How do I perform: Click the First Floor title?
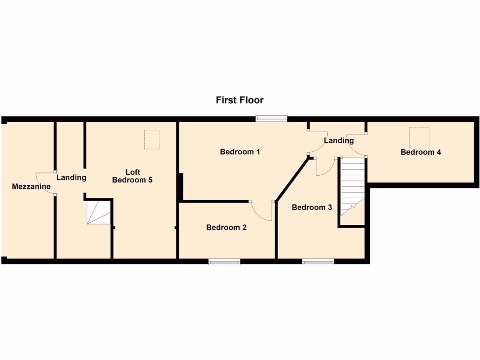pos(240,100)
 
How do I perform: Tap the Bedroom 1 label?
pos(240,152)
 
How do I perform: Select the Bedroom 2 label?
pos(226,228)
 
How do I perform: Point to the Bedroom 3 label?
pos(312,207)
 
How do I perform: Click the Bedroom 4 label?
pos(420,152)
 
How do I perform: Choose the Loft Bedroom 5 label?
pos(133,176)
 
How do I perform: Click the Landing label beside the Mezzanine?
pos(71,178)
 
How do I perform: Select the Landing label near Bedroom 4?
pos(339,141)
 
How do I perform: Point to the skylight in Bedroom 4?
pos(419,136)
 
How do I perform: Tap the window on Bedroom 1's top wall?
pos(271,119)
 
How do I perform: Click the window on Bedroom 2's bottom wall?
pos(225,262)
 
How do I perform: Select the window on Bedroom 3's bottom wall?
pos(318,262)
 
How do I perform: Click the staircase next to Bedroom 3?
pos(352,185)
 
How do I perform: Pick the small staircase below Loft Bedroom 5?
pos(98,212)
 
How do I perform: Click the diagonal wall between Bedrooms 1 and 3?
pos(292,180)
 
